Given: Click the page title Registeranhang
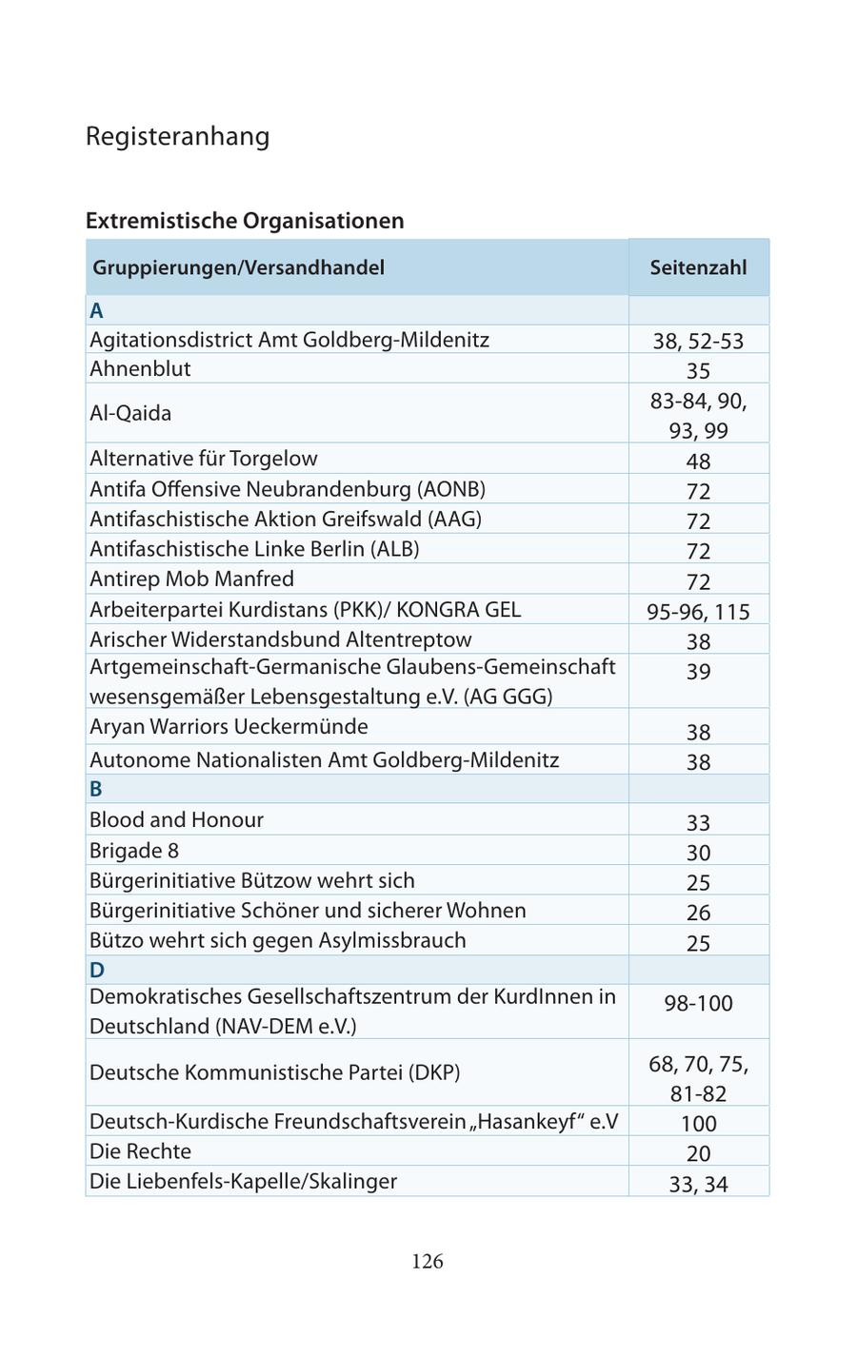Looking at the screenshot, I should click(177, 136).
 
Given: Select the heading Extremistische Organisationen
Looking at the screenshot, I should click(245, 221).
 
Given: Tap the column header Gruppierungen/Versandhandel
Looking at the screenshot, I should click(238, 267).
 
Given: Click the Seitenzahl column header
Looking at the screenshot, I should click(698, 267).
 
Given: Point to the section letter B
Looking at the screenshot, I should click(96, 789).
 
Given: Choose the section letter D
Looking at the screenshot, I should click(96, 970).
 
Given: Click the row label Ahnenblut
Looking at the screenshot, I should click(140, 369).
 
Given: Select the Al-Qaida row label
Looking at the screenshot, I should click(130, 413).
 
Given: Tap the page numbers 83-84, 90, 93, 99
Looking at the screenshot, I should click(698, 416).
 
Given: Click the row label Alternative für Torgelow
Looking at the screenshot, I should click(203, 459).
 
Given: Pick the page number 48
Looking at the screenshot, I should click(698, 462).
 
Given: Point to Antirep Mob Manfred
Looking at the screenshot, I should click(191, 579).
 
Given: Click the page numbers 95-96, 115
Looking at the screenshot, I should click(698, 612).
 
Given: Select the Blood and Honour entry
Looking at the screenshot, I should click(176, 820).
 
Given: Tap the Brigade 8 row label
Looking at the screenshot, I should click(134, 851).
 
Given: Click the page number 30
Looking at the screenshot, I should click(698, 853).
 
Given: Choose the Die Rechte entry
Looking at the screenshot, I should click(140, 1151).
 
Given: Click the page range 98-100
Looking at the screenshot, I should click(698, 1003).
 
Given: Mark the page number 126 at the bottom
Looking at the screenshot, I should click(428, 1262).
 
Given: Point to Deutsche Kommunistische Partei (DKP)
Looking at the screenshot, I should click(274, 1072).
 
